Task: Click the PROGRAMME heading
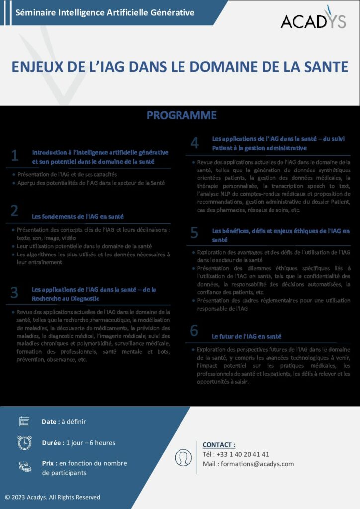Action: tap(181, 115)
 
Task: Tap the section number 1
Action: tap(15, 156)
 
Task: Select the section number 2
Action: tap(15, 211)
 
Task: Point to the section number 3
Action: tap(15, 293)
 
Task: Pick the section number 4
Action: tap(195, 143)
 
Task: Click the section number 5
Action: tap(194, 233)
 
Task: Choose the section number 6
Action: tap(194, 331)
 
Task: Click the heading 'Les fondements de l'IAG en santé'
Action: tap(78, 217)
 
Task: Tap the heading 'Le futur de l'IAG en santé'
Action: tap(247, 337)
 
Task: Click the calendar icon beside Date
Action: tap(24, 422)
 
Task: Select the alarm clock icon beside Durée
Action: tap(24, 442)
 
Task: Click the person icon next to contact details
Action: tap(183, 457)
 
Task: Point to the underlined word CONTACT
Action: tap(219, 445)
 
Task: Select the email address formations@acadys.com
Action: tap(257, 464)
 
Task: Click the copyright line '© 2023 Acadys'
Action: tap(53, 497)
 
